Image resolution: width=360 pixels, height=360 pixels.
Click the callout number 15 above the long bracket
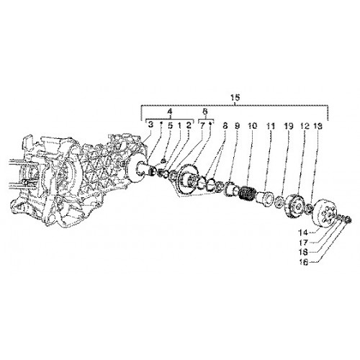(x=235, y=97)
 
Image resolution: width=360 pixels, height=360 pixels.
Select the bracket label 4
(x=170, y=112)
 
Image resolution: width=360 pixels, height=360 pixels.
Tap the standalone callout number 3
(x=150, y=125)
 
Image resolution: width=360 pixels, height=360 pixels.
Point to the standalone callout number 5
(x=170, y=125)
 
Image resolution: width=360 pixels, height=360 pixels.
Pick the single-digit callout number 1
(x=179, y=125)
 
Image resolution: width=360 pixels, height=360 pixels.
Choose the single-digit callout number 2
(x=189, y=125)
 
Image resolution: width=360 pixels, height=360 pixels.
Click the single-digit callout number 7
(x=202, y=125)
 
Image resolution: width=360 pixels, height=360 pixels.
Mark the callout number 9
(x=237, y=126)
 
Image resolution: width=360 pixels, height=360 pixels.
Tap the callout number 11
(x=271, y=126)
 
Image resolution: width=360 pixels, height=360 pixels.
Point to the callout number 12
(x=305, y=126)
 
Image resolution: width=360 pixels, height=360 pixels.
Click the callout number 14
(x=303, y=233)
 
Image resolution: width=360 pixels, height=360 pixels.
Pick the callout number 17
(x=303, y=243)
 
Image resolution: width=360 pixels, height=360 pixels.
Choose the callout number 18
(x=303, y=252)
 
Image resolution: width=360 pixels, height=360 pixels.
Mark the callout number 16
(x=304, y=263)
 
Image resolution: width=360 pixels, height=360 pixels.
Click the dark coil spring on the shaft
(x=246, y=193)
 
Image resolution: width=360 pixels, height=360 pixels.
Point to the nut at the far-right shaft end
(x=348, y=220)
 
